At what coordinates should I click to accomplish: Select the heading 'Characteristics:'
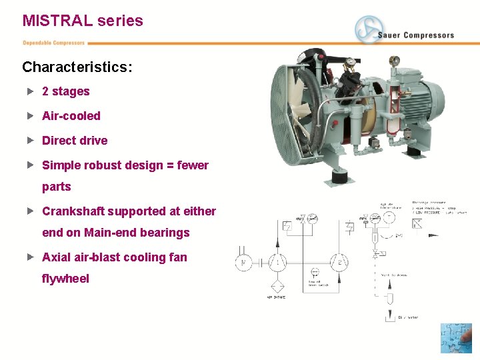pyautogui.click(x=77, y=67)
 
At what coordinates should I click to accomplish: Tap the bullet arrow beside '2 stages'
pyautogui.click(x=30, y=91)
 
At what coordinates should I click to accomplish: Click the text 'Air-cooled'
pyautogui.click(x=71, y=116)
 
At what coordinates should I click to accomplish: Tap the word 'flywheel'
pyautogui.click(x=65, y=279)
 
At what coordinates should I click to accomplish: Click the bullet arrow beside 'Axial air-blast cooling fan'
pyautogui.click(x=30, y=257)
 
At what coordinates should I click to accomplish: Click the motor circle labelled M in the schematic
pyautogui.click(x=244, y=263)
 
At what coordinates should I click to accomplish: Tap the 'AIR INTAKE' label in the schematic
pyautogui.click(x=277, y=297)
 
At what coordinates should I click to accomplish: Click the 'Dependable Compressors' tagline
pyautogui.click(x=54, y=43)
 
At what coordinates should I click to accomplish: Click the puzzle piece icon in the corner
pyautogui.click(x=456, y=338)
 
